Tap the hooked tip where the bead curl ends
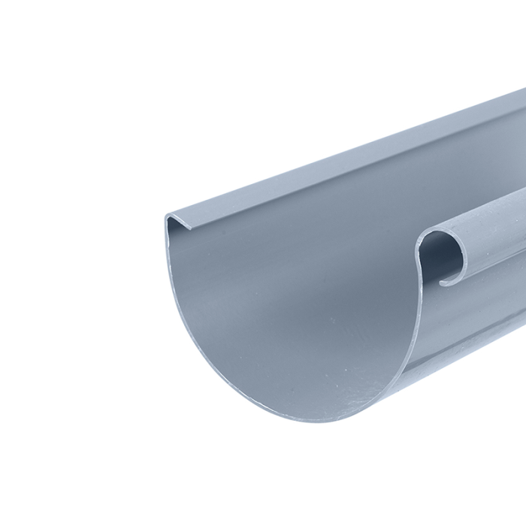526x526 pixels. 443,283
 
